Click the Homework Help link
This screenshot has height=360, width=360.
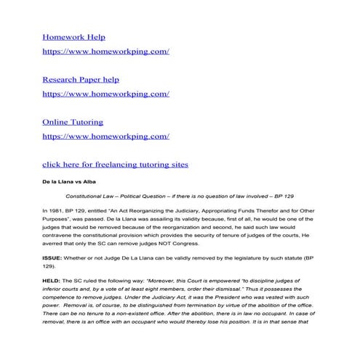tap(73, 36)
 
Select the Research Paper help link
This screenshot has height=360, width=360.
tap(81, 79)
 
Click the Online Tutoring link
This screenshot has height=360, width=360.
tap(73, 121)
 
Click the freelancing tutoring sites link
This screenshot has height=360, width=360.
tap(115, 164)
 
